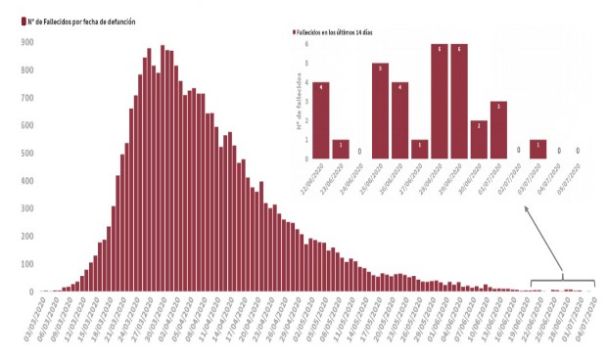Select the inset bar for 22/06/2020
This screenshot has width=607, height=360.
click(x=321, y=119)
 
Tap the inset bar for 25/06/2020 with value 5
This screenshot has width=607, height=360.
click(x=380, y=111)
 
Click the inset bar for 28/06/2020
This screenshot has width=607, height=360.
click(x=440, y=101)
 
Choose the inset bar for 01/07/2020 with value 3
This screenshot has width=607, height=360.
click(x=498, y=129)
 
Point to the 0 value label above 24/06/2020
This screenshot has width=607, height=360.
click(x=360, y=152)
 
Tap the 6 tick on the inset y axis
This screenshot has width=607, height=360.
click(x=306, y=44)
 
